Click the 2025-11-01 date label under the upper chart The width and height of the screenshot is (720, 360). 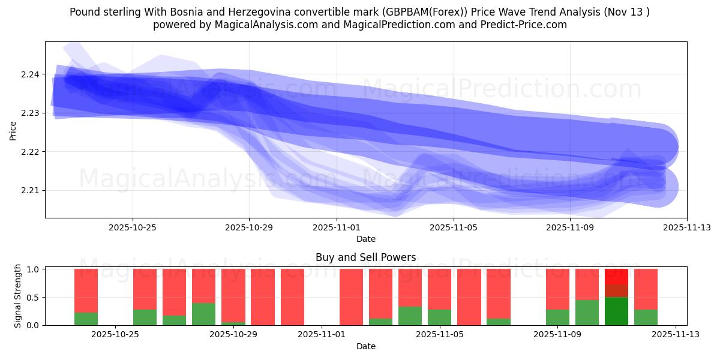point(337,227)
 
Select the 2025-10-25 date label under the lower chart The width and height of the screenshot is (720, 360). point(115,335)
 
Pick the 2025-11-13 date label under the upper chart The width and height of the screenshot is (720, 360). point(687,227)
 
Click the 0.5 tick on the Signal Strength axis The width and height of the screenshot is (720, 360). point(33,298)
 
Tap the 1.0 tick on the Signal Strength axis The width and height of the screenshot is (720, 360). point(33,269)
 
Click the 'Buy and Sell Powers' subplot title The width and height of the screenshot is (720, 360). point(365,257)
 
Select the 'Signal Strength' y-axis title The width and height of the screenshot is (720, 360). point(18,296)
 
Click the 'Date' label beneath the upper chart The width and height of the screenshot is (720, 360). point(365,239)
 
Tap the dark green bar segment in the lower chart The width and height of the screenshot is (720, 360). point(616,311)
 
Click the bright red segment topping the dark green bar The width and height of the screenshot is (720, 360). point(616,277)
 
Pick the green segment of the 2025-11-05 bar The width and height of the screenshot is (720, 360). point(439,317)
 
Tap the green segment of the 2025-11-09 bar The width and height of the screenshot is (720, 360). point(557,317)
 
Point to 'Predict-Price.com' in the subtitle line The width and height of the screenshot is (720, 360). point(526,25)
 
